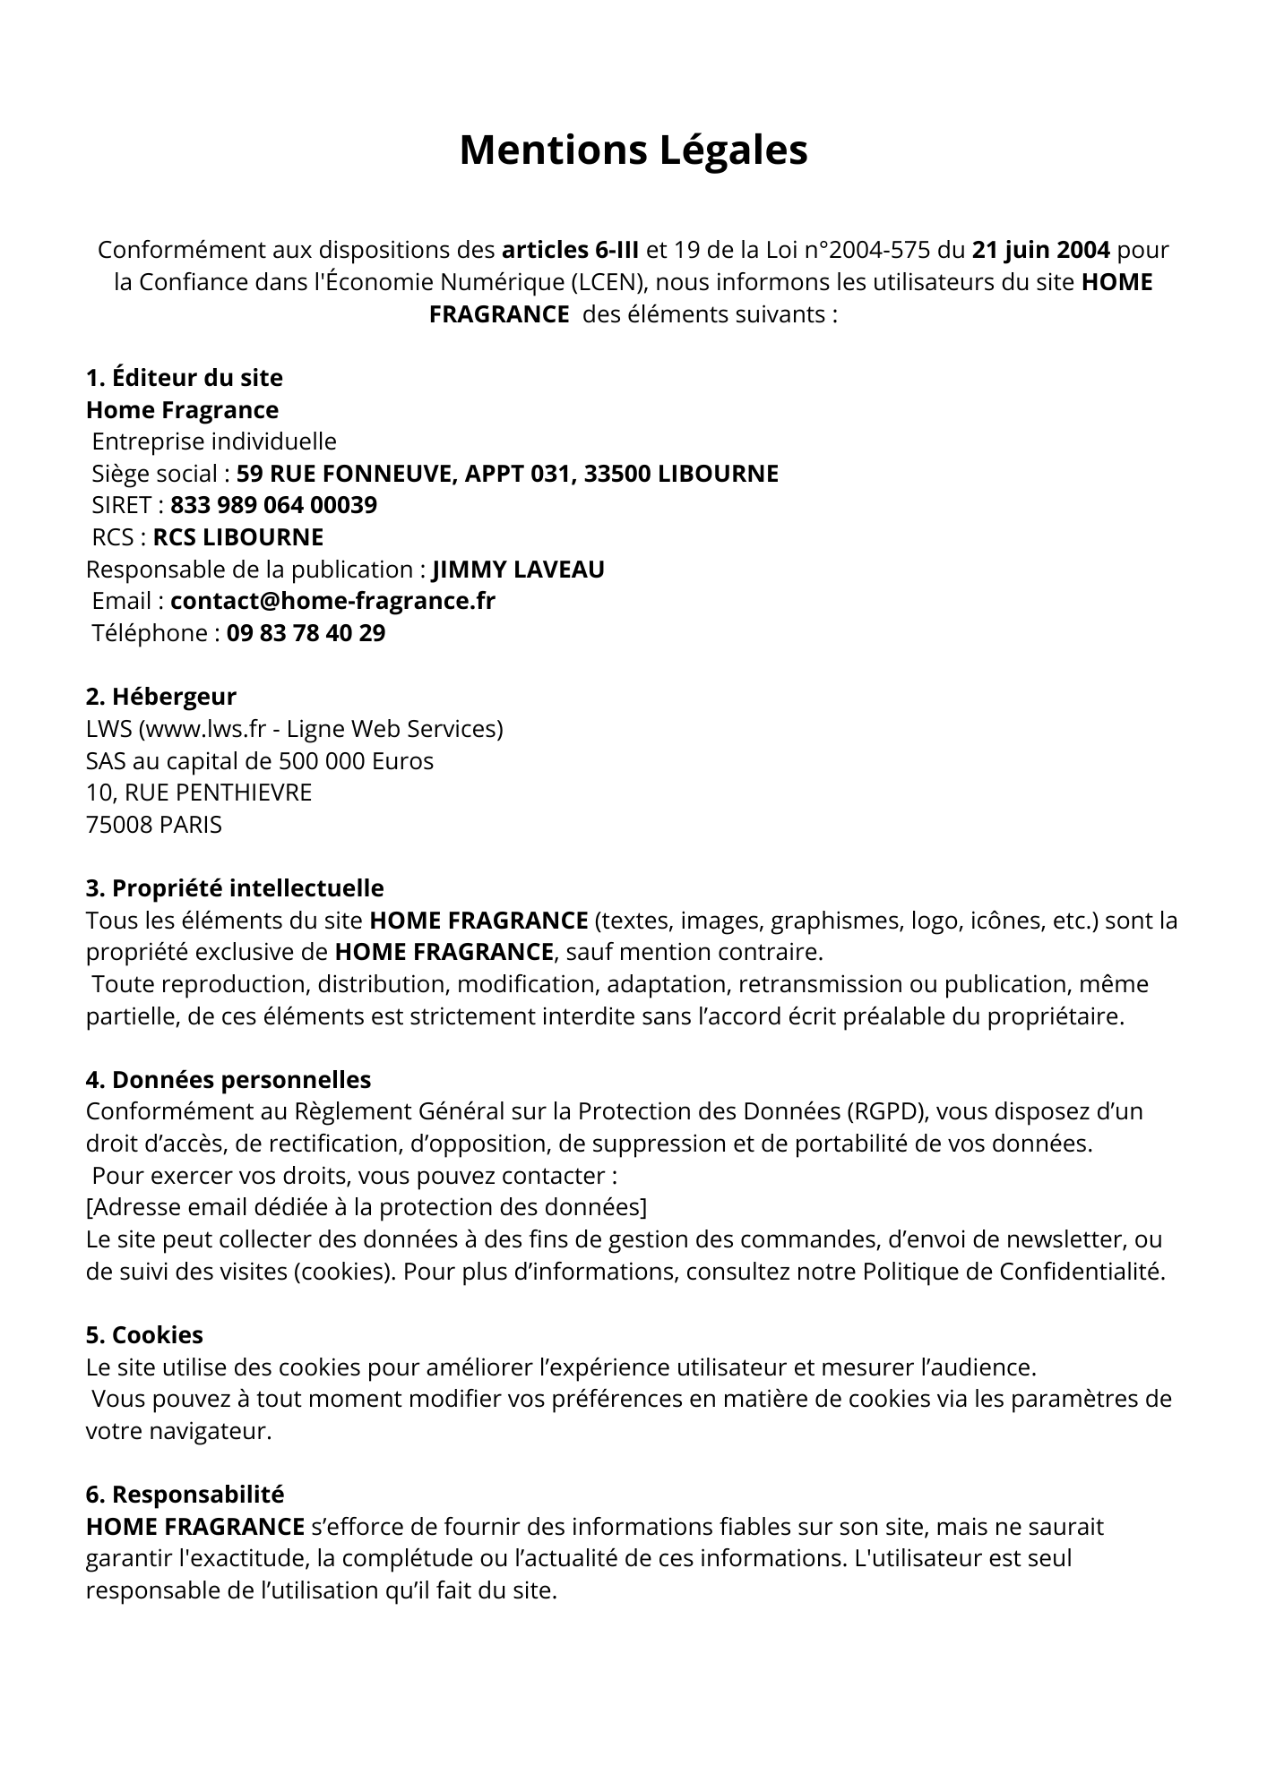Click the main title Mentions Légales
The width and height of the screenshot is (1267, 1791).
pos(633,150)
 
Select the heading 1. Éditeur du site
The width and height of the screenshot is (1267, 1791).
pos(184,378)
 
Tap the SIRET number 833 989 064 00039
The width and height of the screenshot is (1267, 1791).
pos(273,505)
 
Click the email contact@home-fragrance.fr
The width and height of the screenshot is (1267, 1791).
pos(332,601)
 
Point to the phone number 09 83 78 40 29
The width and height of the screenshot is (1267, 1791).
pos(306,633)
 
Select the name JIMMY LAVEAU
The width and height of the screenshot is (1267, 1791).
pos(518,570)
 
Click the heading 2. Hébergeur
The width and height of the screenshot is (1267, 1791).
pos(161,697)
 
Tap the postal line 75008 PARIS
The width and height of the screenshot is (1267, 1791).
pos(153,825)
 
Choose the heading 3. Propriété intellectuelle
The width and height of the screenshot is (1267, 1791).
pos(235,888)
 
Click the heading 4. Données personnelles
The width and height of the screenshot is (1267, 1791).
pos(228,1080)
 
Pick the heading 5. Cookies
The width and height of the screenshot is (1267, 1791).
pos(144,1335)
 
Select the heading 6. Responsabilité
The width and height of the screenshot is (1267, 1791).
pos(185,1495)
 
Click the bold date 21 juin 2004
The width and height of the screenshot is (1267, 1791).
pos(1041,250)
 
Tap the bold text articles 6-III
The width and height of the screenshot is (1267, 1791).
pos(571,250)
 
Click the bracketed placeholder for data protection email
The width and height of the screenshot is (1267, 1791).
pos(366,1207)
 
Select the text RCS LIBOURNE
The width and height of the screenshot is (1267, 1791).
pos(238,537)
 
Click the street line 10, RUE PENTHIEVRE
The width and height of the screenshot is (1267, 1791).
pos(199,793)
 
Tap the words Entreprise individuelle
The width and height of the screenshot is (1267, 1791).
pos(214,441)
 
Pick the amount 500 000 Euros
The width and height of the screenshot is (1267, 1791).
pos(356,761)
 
